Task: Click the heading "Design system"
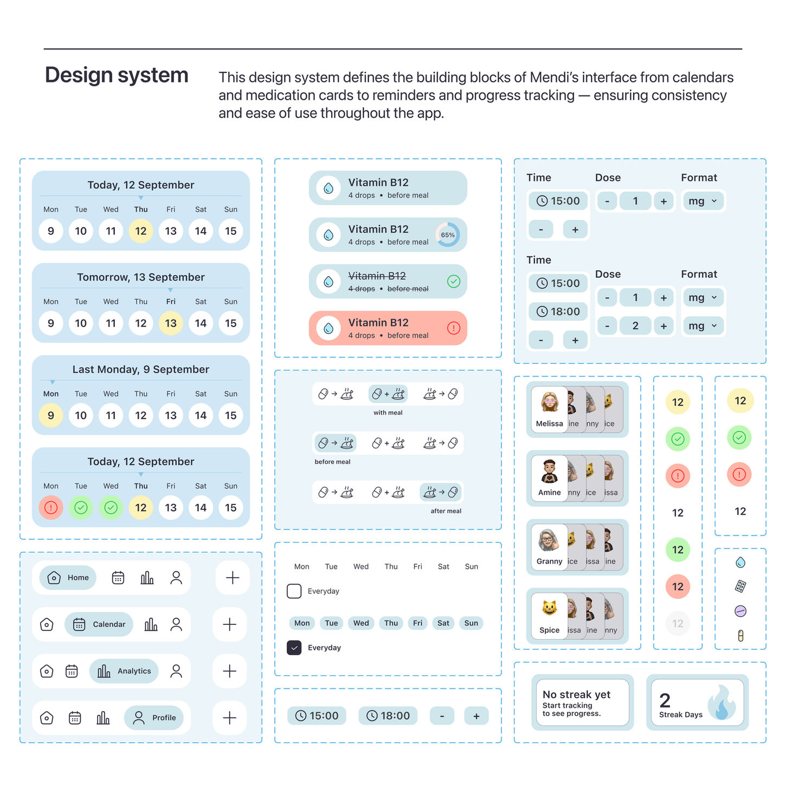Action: tap(117, 75)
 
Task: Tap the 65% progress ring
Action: tap(448, 235)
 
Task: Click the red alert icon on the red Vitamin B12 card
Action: tap(454, 328)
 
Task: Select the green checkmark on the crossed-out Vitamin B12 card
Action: tap(454, 281)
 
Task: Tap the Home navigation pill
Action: tap(68, 578)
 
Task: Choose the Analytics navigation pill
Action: tap(124, 671)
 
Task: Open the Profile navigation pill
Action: tap(154, 718)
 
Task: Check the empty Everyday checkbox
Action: tap(294, 591)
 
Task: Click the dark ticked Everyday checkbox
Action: tap(294, 648)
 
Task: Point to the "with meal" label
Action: tap(388, 413)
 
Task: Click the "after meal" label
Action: tap(446, 511)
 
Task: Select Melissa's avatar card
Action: tap(549, 408)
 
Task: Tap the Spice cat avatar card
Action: tap(549, 615)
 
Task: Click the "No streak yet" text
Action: tap(576, 694)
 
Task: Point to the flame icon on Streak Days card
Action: tap(723, 703)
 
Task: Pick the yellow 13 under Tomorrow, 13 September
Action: tap(171, 323)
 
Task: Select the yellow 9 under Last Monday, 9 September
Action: tap(51, 416)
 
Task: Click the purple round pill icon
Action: tap(740, 611)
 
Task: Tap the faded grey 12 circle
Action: tap(678, 624)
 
